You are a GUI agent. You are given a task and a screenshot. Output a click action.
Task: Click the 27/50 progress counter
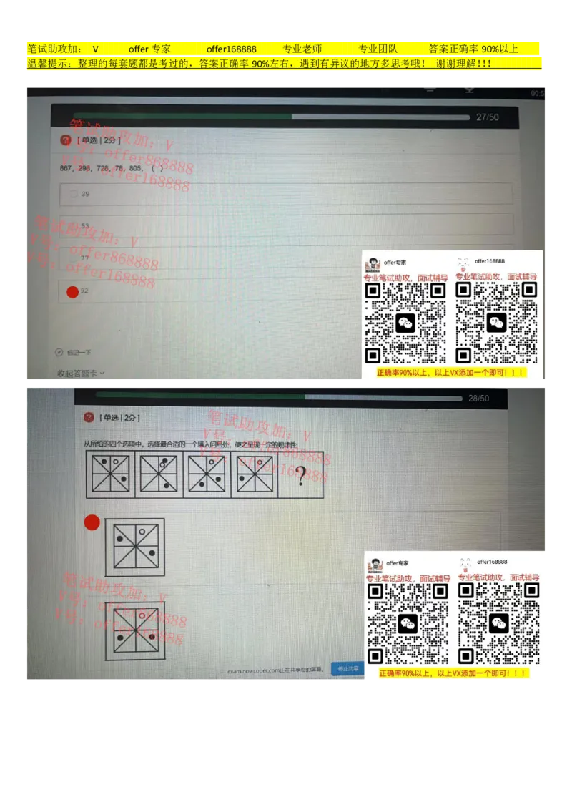[x=488, y=117]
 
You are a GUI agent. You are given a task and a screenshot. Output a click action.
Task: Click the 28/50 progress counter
[x=478, y=399]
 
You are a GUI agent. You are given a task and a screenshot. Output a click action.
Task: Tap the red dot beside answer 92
[x=72, y=291]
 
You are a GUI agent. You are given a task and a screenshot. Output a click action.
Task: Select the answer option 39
[x=85, y=194]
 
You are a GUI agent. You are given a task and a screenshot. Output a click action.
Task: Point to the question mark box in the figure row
[x=301, y=474]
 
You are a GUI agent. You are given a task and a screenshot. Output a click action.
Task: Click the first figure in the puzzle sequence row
[x=110, y=474]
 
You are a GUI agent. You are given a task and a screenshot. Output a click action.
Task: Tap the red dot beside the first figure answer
[x=92, y=522]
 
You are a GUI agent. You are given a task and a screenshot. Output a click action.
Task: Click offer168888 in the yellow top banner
[x=231, y=49]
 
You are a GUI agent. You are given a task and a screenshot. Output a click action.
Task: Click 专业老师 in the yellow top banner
[x=302, y=49]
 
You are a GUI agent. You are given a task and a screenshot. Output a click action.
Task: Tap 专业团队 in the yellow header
[x=378, y=49]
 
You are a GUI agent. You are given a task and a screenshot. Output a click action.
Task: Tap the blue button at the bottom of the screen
[x=347, y=669]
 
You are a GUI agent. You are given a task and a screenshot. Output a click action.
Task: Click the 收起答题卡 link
[x=80, y=373]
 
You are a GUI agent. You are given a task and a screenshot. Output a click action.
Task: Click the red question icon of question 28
[x=89, y=417]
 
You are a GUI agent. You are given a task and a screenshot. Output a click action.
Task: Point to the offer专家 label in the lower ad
[x=398, y=563]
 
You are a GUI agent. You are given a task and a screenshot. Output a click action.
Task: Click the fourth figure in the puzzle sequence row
[x=254, y=474]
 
